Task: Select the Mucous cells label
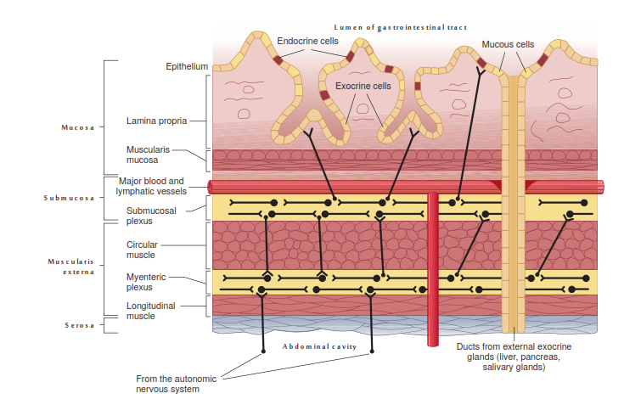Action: pos(508,44)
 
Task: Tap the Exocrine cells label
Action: pos(363,86)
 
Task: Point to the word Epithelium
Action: pos(187,66)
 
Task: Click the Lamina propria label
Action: pos(156,121)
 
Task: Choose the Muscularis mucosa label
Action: pos(147,154)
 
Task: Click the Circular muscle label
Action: pos(141,250)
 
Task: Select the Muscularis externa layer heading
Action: pos(71,267)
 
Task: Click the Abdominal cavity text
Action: pos(321,347)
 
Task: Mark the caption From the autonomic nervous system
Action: pos(177,383)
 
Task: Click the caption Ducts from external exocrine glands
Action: pos(514,357)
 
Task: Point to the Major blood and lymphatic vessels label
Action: pos(151,186)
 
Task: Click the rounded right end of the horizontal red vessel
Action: pos(600,187)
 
